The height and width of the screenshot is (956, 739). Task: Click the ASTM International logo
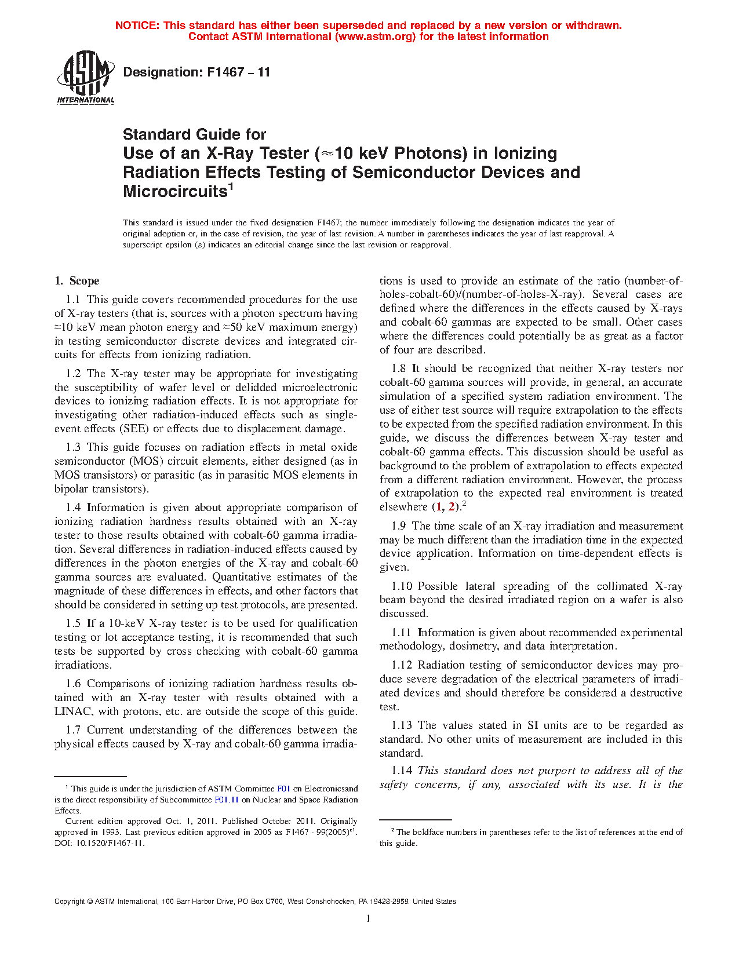85,77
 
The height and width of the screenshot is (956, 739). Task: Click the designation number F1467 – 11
196,72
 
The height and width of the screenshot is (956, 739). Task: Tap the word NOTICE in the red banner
137,25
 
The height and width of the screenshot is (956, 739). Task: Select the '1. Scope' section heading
77,281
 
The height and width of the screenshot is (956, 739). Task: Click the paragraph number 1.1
73,300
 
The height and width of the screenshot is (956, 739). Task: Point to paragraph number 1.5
73,623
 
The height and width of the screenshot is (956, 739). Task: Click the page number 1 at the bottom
369,918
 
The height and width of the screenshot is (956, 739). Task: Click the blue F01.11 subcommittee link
227,800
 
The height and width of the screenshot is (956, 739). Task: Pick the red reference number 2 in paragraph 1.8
452,507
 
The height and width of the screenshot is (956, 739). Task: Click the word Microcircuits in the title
174,191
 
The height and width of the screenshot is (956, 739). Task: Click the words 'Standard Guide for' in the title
194,134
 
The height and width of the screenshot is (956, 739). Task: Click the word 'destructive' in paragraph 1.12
656,693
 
